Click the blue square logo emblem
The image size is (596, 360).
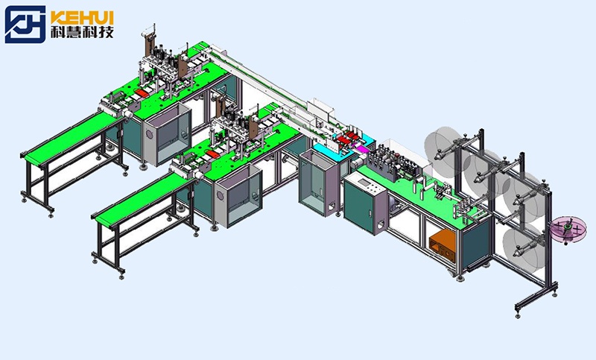pyautogui.click(x=25, y=25)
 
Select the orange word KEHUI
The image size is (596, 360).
pyautogui.click(x=82, y=18)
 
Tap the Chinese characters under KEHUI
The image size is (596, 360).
pyautogui.click(x=82, y=33)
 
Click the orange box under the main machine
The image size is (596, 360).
pyautogui.click(x=442, y=247)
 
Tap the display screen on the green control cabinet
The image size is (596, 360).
pyautogui.click(x=364, y=183)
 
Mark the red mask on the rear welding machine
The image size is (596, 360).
pyautogui.click(x=142, y=93)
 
